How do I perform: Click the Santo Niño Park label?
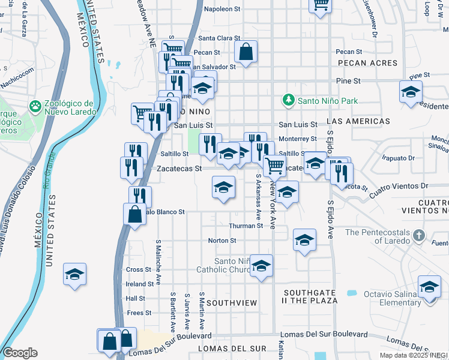pos(328,101)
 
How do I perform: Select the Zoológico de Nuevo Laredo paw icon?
pos(35,107)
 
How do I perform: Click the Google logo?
pos(20,353)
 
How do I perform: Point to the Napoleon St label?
pos(222,9)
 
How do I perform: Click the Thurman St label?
pos(246,226)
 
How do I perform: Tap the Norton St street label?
pos(222,240)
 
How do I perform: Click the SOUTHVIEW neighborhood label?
pos(232,304)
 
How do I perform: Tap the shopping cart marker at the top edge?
pos(321,5)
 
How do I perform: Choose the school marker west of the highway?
pos(75,274)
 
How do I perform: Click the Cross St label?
pos(139,270)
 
